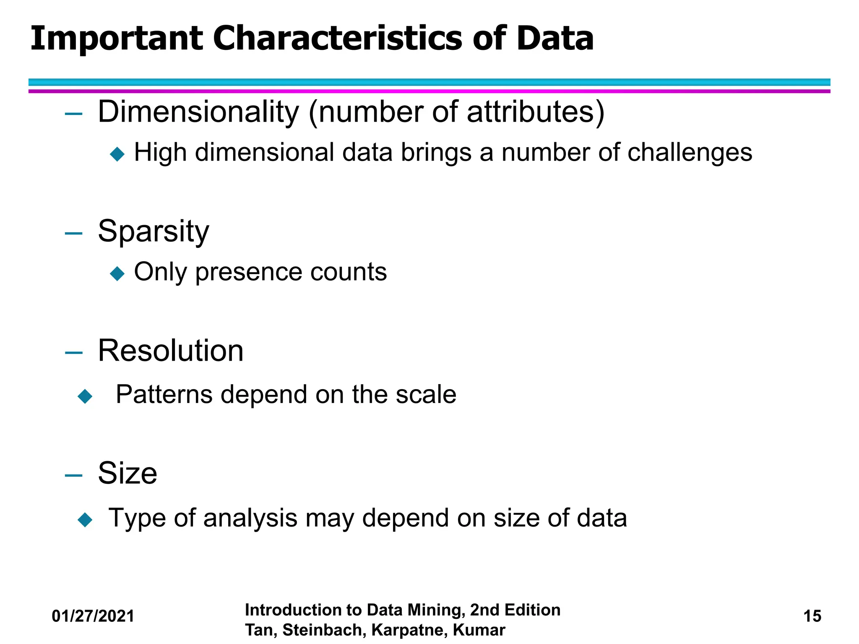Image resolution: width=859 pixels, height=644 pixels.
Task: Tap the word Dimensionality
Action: pos(198,112)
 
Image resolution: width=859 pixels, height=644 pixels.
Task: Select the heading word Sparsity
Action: pos(153,231)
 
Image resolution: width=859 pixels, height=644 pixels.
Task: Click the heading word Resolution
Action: pos(170,351)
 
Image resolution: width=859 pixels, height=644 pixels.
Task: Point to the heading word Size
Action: pos(128,473)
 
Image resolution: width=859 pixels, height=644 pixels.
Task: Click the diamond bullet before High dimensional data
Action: pos(117,154)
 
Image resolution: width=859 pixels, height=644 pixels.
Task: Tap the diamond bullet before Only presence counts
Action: pos(117,273)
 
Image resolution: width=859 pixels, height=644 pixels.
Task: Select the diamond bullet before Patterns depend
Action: pos(85,396)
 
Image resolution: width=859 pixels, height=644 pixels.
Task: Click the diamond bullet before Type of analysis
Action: pos(85,519)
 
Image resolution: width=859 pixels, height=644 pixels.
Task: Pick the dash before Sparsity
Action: pos(74,233)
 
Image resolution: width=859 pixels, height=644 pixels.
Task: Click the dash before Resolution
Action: pos(74,353)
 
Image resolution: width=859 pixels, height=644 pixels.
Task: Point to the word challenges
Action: pos(690,153)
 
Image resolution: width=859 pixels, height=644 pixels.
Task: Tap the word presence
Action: pos(249,273)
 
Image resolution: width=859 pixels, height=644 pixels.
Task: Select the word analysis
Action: pos(250,518)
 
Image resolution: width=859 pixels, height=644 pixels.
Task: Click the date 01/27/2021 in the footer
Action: pos(93,616)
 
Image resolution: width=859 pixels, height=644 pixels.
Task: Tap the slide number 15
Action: pos(812,616)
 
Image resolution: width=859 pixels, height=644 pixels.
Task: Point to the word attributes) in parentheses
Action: pos(536,112)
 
